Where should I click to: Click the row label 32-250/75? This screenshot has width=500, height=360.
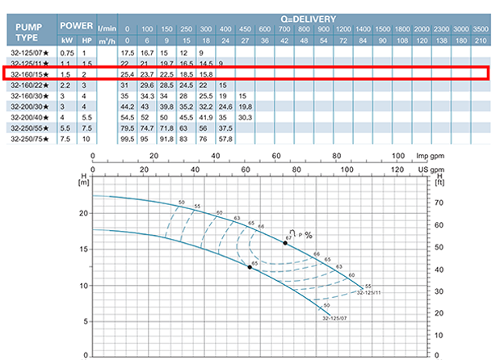(30, 138)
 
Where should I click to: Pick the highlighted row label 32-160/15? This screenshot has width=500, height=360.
(30, 74)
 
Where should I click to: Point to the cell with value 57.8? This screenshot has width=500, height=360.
(226, 138)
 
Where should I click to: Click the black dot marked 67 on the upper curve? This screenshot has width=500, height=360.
(285, 242)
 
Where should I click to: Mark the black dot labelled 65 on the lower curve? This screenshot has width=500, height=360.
(250, 266)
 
